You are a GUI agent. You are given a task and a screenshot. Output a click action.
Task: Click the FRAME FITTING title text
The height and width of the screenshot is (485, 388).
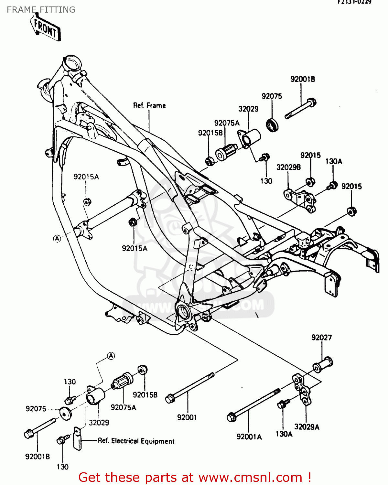[x=41, y=10]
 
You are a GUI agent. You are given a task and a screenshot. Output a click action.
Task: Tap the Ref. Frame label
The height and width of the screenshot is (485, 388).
[x=149, y=105]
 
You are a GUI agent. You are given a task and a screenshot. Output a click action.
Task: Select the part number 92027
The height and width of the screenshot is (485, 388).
[x=321, y=338]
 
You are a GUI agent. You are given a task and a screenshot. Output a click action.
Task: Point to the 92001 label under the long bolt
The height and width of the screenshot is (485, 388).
[x=187, y=417]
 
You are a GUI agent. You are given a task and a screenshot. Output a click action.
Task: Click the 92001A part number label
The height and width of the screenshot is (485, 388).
[x=249, y=437]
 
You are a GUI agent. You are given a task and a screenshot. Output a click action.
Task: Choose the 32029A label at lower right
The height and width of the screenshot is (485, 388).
[x=307, y=427]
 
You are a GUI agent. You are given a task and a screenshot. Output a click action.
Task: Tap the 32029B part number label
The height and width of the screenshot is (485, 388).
[x=288, y=167]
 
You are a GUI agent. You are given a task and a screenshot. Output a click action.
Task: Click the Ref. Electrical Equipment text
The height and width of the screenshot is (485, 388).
[x=136, y=441]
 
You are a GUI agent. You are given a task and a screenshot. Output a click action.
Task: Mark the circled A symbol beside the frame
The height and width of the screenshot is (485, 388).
[x=57, y=239]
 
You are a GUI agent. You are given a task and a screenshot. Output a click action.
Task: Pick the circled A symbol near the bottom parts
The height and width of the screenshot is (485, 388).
[x=111, y=356]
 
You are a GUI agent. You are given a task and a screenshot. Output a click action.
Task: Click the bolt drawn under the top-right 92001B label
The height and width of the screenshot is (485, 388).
[x=301, y=109]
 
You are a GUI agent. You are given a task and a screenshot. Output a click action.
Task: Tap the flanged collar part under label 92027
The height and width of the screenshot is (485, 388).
[x=322, y=364]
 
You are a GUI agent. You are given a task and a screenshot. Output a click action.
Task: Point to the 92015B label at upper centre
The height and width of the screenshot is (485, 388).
[x=210, y=133]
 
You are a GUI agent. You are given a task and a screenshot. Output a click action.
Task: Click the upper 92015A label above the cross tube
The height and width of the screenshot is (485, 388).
[x=86, y=177]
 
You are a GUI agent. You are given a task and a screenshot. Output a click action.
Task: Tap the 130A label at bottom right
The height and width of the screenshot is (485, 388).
[x=284, y=434]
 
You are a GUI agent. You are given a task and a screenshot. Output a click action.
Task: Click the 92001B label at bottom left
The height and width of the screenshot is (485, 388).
[x=38, y=457]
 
